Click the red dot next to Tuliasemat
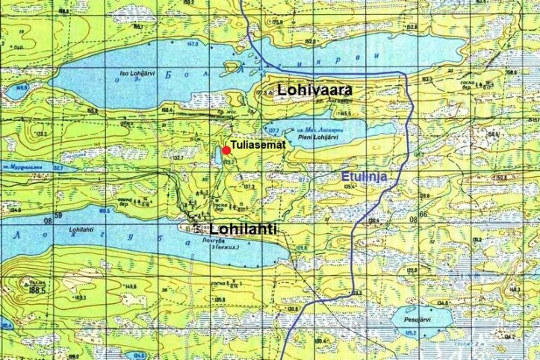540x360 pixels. pyautogui.click(x=226, y=150)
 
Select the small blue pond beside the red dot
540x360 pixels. pyautogui.click(x=217, y=156)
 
